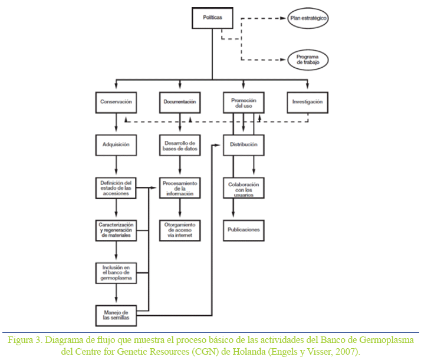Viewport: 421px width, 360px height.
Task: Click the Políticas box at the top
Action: (213, 18)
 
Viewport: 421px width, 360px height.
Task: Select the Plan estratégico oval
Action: (308, 18)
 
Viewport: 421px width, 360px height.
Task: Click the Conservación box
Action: (116, 102)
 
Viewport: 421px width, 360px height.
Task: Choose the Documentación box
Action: (179, 102)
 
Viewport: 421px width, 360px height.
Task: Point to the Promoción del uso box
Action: (244, 103)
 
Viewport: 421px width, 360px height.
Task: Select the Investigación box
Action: (307, 102)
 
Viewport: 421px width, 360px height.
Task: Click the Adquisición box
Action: (116, 144)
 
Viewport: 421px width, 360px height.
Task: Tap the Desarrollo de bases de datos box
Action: (179, 145)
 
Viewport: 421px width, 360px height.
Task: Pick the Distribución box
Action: (244, 144)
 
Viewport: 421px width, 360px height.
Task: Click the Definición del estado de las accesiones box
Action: (116, 187)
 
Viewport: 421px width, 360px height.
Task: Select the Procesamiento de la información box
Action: (179, 187)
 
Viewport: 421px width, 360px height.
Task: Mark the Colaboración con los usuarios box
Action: (244, 188)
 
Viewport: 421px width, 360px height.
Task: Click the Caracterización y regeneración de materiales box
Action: (116, 230)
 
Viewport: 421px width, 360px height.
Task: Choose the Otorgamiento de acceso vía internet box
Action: (179, 230)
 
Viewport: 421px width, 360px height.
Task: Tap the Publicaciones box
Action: (244, 229)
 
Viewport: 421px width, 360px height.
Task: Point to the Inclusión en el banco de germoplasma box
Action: (116, 272)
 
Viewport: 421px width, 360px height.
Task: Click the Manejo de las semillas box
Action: (116, 315)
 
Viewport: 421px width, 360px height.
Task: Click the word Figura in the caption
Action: (20, 341)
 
